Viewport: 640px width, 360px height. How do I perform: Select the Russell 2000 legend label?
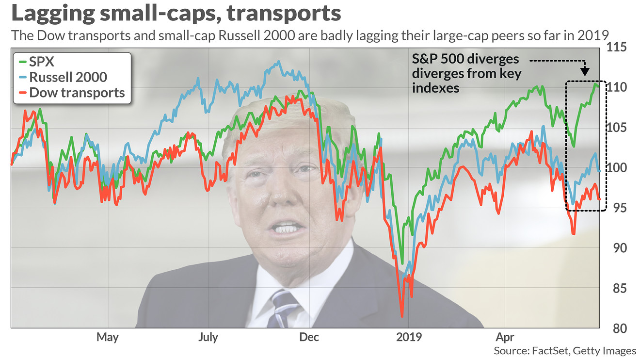pos(68,78)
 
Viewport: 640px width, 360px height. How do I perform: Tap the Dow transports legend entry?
pos(77,93)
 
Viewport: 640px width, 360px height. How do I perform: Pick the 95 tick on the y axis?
pos(617,208)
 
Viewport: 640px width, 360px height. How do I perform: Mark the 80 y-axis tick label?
pos(617,328)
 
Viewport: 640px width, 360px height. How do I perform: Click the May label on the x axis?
pos(107,337)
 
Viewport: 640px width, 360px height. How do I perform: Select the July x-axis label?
pos(208,337)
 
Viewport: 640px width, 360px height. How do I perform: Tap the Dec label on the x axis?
pos(309,337)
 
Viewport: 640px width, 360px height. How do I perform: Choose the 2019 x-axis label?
pos(409,337)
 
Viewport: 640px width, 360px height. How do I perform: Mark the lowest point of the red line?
pos(402,316)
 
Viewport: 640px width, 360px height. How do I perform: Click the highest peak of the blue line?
pos(278,62)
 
